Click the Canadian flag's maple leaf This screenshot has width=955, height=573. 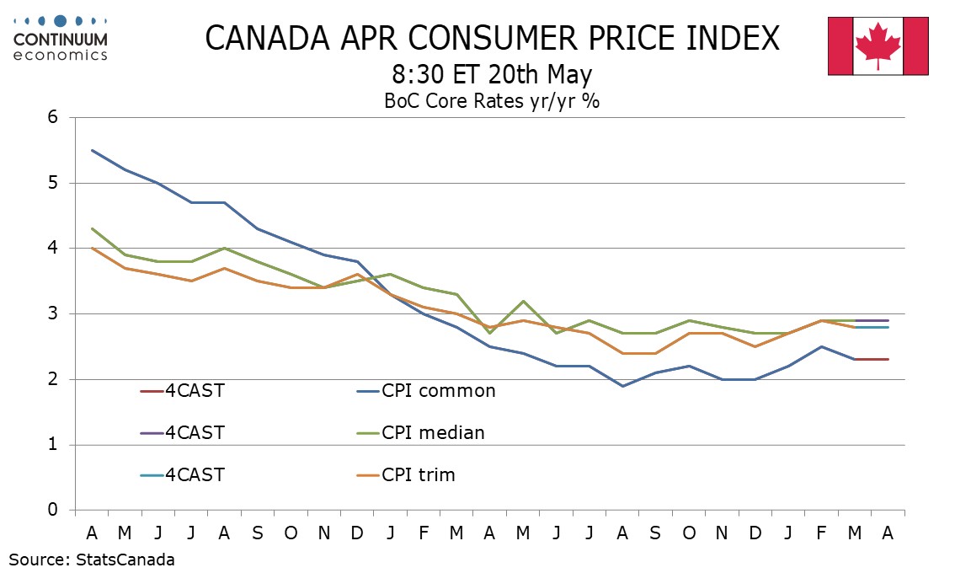878,46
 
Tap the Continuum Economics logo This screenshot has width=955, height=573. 60,38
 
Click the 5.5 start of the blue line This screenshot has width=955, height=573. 92,150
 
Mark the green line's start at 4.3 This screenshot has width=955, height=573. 92,228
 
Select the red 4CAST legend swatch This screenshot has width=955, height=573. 152,390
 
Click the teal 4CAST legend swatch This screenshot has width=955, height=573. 152,474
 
